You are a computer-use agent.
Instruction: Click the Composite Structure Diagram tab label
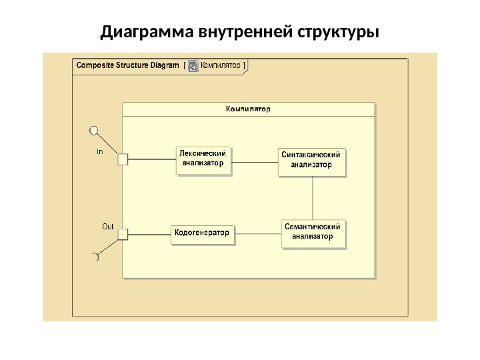(x=127, y=65)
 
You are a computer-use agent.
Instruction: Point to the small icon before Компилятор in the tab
(x=193, y=65)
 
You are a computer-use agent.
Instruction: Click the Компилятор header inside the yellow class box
(x=248, y=109)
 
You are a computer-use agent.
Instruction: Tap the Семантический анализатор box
(x=314, y=233)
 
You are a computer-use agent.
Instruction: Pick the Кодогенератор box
(x=202, y=233)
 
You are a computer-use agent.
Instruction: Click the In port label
(x=100, y=151)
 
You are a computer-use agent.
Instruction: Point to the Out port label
(x=107, y=227)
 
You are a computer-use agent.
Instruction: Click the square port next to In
(x=122, y=159)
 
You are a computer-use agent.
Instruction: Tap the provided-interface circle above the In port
(x=94, y=129)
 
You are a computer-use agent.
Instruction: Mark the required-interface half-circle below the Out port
(x=95, y=257)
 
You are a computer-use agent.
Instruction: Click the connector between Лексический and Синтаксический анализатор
(x=254, y=162)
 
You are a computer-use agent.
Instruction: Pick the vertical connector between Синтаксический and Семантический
(x=313, y=197)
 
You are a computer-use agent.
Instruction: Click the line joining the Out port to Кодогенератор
(x=149, y=233)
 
